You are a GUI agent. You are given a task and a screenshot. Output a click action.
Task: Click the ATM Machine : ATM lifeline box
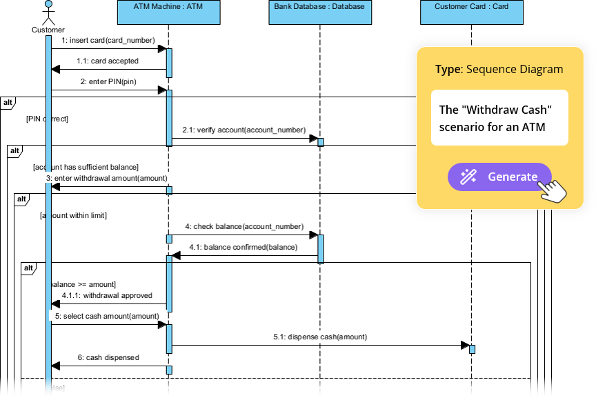(x=168, y=12)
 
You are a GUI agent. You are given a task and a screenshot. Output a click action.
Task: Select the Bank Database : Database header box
(x=319, y=12)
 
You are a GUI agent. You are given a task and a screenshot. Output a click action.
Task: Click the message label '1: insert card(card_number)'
(x=108, y=40)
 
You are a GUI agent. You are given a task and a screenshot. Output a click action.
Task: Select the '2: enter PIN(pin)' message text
(x=108, y=81)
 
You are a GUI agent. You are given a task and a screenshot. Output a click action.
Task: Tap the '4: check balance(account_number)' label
(x=244, y=226)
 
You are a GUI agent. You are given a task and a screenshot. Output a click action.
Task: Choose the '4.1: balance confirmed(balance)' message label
(x=244, y=247)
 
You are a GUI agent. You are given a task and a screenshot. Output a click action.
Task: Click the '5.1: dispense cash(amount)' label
(x=319, y=337)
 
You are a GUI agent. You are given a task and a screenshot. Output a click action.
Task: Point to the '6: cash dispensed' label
(x=108, y=357)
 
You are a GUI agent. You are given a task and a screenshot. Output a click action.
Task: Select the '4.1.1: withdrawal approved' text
(x=107, y=295)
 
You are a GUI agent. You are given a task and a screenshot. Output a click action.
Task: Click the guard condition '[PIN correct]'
(x=47, y=119)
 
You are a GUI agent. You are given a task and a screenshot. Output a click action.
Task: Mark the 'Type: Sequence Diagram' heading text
(x=499, y=70)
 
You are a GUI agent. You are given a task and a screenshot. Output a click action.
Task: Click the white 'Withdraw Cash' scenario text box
(x=499, y=118)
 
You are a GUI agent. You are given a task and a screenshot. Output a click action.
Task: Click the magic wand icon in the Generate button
(x=468, y=177)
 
